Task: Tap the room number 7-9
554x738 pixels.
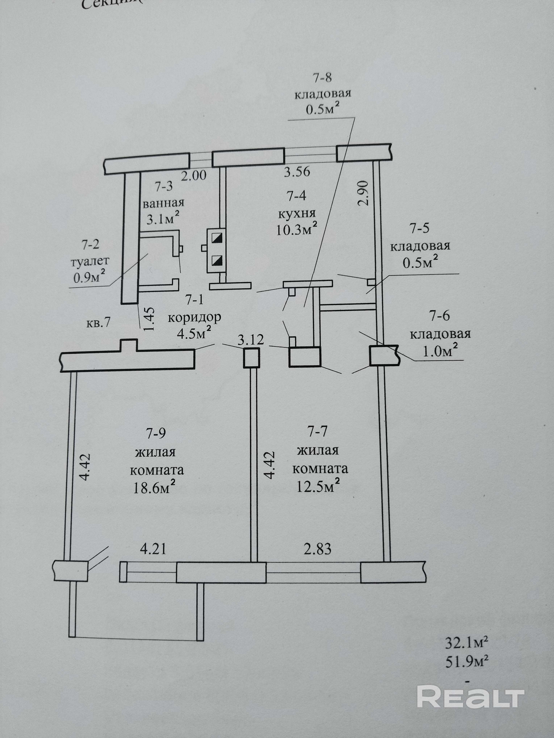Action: [156, 433]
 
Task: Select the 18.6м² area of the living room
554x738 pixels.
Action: [154, 488]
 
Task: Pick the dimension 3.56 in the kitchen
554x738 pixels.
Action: [297, 172]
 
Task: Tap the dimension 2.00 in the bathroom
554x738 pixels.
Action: [194, 175]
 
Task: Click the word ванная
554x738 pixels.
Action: [164, 203]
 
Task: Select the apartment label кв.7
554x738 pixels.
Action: [98, 323]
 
